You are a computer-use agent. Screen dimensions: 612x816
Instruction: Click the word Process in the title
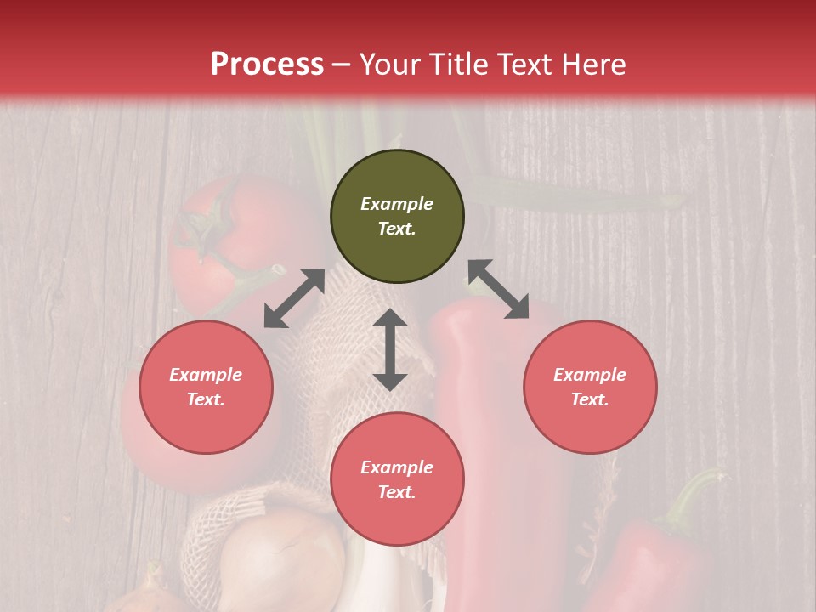coord(267,65)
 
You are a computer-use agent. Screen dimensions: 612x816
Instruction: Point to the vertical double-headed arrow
coord(390,349)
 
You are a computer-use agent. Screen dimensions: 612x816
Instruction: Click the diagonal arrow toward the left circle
coord(294,298)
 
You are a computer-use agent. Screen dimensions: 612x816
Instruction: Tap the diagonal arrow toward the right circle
coord(498,290)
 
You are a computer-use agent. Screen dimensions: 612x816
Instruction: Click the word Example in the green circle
coord(397,204)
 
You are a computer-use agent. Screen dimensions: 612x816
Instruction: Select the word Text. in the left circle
coord(206,399)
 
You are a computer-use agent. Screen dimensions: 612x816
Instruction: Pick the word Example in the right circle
coord(590,375)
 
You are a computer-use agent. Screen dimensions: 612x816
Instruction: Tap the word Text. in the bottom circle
coord(397,492)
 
